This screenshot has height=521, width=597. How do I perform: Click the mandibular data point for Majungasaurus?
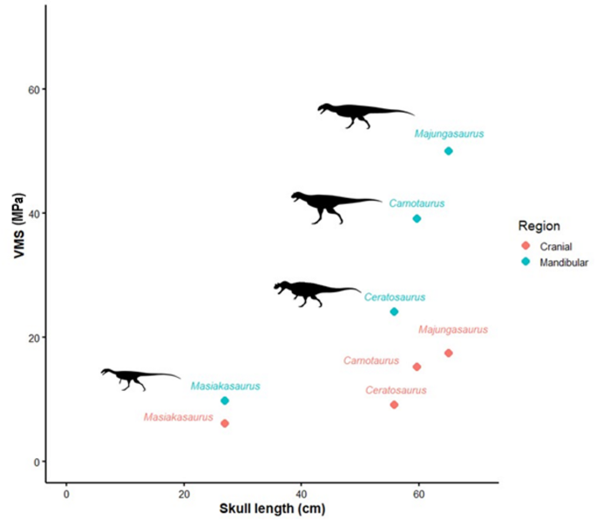(x=449, y=151)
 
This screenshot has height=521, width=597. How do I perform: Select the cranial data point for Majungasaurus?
(x=449, y=353)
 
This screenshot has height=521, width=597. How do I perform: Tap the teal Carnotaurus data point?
(x=417, y=218)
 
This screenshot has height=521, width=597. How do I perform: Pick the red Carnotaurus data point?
(x=417, y=367)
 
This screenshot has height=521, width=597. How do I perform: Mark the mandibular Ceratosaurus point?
(x=394, y=312)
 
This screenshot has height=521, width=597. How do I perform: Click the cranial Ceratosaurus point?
(x=394, y=405)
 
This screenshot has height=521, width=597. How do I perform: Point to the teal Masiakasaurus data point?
(x=225, y=401)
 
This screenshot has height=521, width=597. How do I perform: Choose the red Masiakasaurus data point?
(x=225, y=423)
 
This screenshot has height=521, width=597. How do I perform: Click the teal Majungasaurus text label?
(x=449, y=134)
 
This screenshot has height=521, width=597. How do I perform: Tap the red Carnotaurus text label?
(x=371, y=360)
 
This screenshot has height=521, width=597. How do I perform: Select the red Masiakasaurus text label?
(x=178, y=418)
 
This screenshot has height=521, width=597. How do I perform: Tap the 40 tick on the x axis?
(x=301, y=492)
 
